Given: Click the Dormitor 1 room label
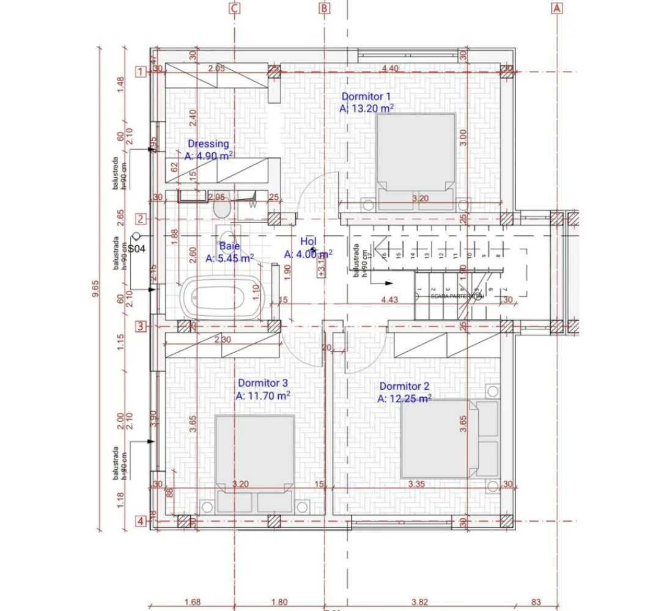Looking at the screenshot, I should pyautogui.click(x=366, y=97).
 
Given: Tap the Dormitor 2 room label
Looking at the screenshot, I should pyautogui.click(x=404, y=386).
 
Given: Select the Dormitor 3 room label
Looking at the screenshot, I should pyautogui.click(x=263, y=383).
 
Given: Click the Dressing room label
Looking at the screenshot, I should pyautogui.click(x=208, y=144).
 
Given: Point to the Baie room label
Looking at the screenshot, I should pyautogui.click(x=230, y=246).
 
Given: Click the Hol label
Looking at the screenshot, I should pyautogui.click(x=308, y=241).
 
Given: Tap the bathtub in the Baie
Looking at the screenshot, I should pyautogui.click(x=221, y=296).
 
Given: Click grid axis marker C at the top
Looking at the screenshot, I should pyautogui.click(x=234, y=9).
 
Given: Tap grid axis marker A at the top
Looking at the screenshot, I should pyautogui.click(x=556, y=9).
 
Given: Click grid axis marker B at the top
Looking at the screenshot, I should pyautogui.click(x=325, y=9).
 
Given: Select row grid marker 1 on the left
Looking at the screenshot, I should pyautogui.click(x=141, y=73).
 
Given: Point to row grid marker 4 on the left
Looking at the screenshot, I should pyautogui.click(x=141, y=521).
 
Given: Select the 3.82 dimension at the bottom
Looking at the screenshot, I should pyautogui.click(x=419, y=602).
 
